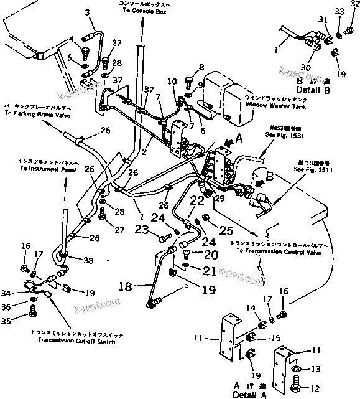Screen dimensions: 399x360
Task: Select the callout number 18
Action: [x=126, y=287]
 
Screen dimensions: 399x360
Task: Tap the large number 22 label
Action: [x=196, y=200]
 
